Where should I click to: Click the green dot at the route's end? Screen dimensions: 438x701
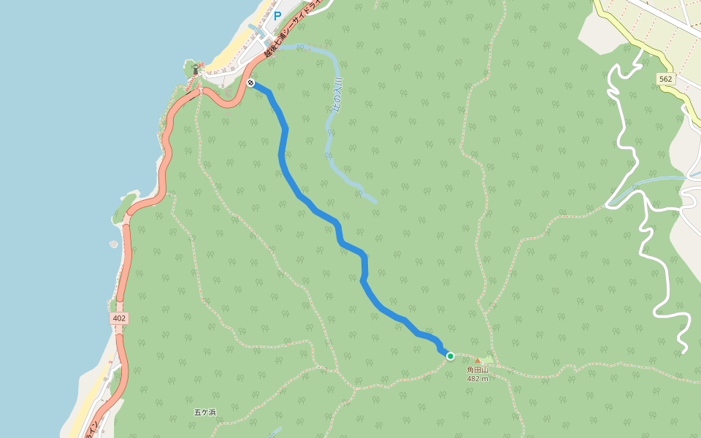451,356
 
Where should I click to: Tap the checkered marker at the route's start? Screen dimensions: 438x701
250,83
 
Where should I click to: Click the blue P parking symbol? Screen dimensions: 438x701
277,15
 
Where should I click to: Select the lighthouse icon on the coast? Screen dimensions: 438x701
195,69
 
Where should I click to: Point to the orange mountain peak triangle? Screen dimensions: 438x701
478,360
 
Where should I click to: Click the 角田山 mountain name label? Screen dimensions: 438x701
478,370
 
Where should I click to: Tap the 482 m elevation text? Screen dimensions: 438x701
478,379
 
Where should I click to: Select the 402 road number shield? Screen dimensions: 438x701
120,319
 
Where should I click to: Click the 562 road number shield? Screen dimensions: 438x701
664,79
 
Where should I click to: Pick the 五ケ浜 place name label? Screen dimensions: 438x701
205,412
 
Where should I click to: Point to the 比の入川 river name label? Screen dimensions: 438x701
337,95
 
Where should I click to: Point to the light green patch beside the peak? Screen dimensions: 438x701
488,360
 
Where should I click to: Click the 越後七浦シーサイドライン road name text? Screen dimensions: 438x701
292,30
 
